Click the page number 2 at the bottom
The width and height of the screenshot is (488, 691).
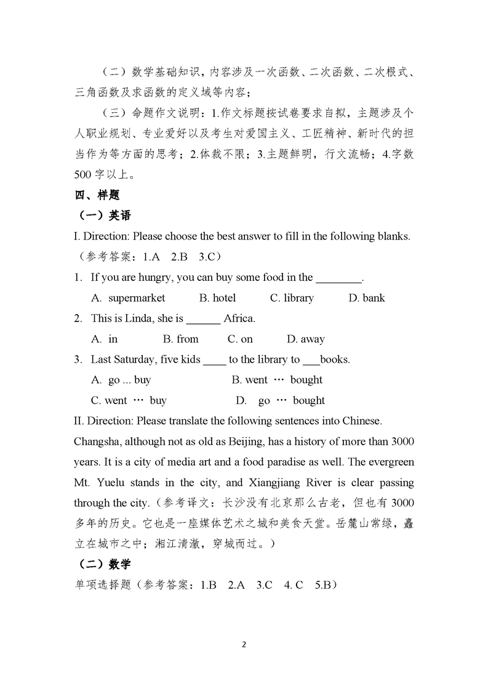(244, 645)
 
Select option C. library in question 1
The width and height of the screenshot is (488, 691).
(292, 298)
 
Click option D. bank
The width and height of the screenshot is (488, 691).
(366, 298)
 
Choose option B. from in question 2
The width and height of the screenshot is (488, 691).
(180, 339)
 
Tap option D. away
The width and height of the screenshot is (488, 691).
(306, 339)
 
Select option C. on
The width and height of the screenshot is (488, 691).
(240, 339)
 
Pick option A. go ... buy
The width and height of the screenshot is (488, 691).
(121, 380)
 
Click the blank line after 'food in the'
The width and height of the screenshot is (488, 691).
(339, 278)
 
